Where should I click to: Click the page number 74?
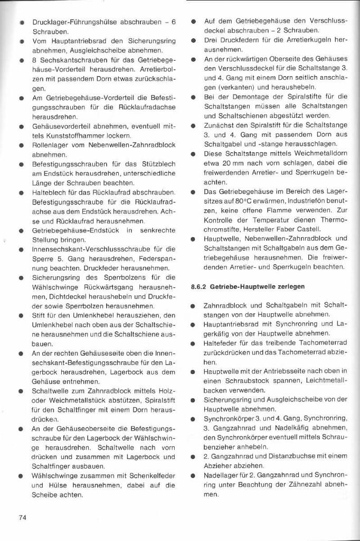[23, 517]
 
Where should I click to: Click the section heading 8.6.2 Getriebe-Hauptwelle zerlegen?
[248, 286]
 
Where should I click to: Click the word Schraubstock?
[248, 380]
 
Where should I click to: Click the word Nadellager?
[221, 475]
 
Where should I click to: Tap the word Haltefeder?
[221, 342]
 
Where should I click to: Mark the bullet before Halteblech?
[19, 192]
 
